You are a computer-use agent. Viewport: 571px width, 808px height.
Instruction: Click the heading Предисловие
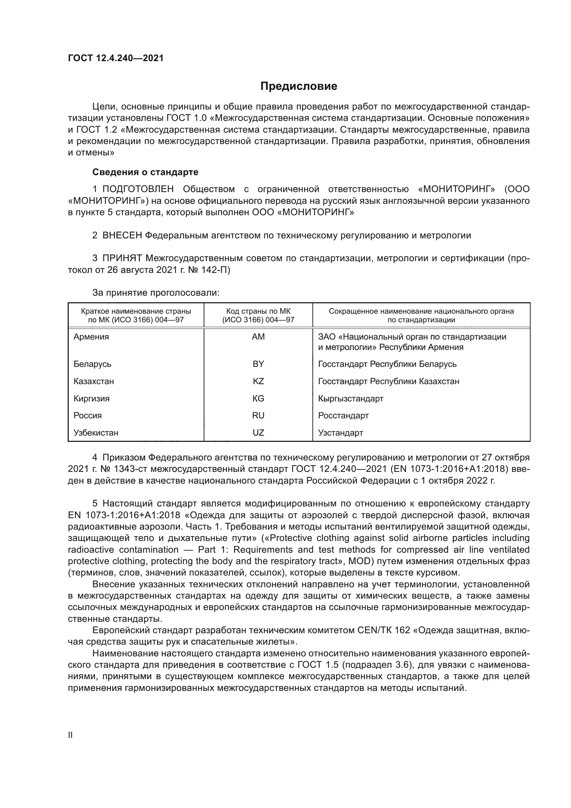299,86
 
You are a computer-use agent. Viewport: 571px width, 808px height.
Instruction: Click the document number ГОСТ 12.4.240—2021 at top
116,58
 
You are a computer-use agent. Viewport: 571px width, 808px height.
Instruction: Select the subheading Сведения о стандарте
145,172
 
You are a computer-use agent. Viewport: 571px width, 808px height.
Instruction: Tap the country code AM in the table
258,337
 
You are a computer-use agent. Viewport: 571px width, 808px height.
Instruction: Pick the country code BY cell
258,364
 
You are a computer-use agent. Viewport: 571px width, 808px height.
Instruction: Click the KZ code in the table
258,381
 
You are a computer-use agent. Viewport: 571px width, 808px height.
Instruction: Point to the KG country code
258,398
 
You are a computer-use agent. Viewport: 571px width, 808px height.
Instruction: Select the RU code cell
258,415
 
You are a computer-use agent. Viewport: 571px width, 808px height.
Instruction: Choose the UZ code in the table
258,432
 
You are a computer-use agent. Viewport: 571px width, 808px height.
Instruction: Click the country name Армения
91,337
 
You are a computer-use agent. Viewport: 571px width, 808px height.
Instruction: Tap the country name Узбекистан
96,432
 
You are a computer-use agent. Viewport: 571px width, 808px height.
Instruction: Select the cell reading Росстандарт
343,415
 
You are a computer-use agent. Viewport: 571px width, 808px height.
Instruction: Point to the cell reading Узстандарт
340,432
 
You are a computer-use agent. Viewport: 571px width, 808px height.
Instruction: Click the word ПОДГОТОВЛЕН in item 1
138,189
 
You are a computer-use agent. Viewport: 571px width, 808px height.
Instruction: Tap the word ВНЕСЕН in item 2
122,236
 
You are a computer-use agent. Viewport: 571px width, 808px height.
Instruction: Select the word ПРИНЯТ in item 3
122,258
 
